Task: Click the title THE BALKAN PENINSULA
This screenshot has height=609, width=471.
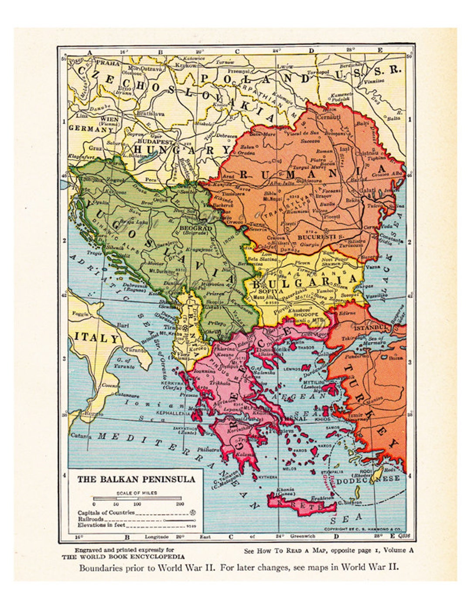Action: [x=136, y=480]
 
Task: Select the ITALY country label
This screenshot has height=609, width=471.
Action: [x=96, y=338]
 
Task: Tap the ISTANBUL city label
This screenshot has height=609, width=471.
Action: [x=370, y=327]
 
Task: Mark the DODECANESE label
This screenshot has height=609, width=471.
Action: [x=379, y=478]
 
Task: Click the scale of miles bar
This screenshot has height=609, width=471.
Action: [x=137, y=498]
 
